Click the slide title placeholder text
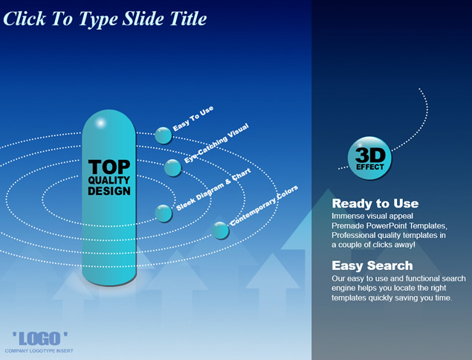[x=105, y=19]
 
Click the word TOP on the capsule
[x=109, y=167]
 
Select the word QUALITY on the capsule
[x=109, y=180]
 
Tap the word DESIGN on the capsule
[x=109, y=191]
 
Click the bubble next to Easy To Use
[x=164, y=135]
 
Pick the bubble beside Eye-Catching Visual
[x=173, y=168]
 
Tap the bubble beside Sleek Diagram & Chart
[x=164, y=213]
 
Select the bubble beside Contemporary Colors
[x=220, y=231]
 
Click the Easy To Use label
[x=193, y=118]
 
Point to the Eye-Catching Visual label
[x=217, y=143]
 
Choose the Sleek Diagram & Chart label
[x=213, y=190]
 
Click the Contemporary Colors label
[x=265, y=205]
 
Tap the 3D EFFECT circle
[x=370, y=158]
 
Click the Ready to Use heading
[x=375, y=204]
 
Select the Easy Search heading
[x=372, y=266]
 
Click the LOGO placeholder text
[x=40, y=338]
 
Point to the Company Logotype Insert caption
[x=39, y=350]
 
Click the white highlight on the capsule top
[x=100, y=123]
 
